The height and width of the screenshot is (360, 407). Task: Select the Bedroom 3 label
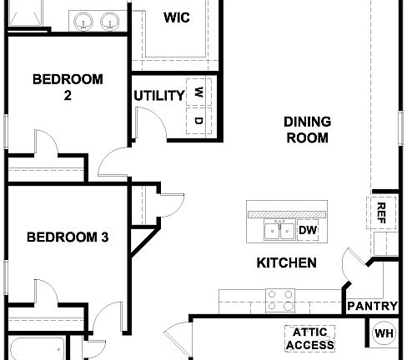click(x=68, y=237)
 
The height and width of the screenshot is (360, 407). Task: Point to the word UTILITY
click(x=158, y=95)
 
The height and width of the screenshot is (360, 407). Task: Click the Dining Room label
click(x=307, y=129)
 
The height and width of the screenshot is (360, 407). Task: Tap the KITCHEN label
click(x=286, y=262)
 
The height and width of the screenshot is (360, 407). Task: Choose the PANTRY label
click(x=372, y=306)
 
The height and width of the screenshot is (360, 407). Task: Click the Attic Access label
click(x=309, y=337)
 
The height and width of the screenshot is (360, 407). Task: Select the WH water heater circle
click(x=384, y=334)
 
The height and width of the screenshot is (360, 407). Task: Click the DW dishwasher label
click(x=307, y=230)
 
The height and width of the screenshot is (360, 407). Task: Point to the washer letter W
click(x=198, y=92)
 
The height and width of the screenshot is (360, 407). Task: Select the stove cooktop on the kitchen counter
click(x=280, y=298)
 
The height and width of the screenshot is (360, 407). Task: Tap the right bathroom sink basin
click(x=108, y=21)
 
